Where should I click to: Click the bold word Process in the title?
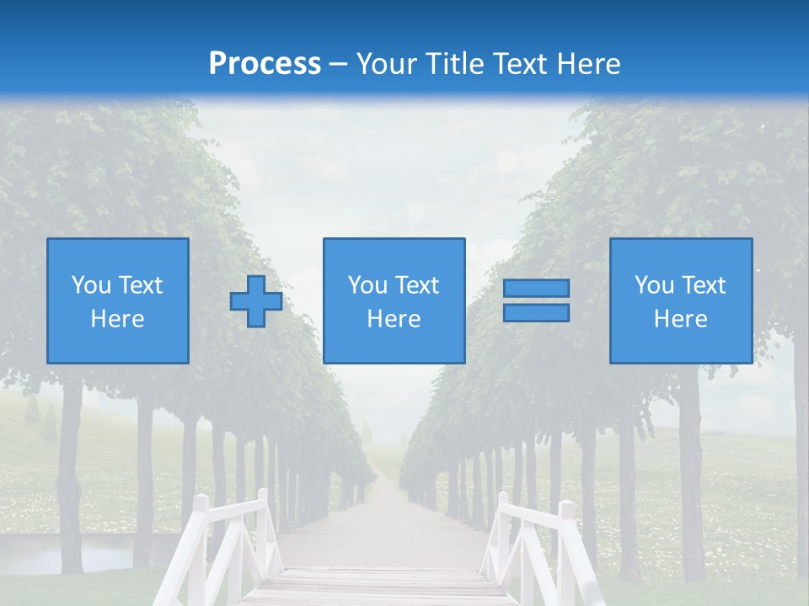(265, 64)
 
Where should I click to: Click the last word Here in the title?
(587, 64)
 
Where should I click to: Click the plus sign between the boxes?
(256, 301)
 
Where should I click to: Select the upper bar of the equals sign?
(536, 288)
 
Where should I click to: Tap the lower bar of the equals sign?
(536, 312)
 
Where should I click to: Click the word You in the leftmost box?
(91, 285)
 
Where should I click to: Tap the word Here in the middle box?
(394, 319)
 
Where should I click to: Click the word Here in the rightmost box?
(680, 319)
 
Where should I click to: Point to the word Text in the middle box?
(417, 285)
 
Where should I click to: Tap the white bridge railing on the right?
(539, 539)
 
